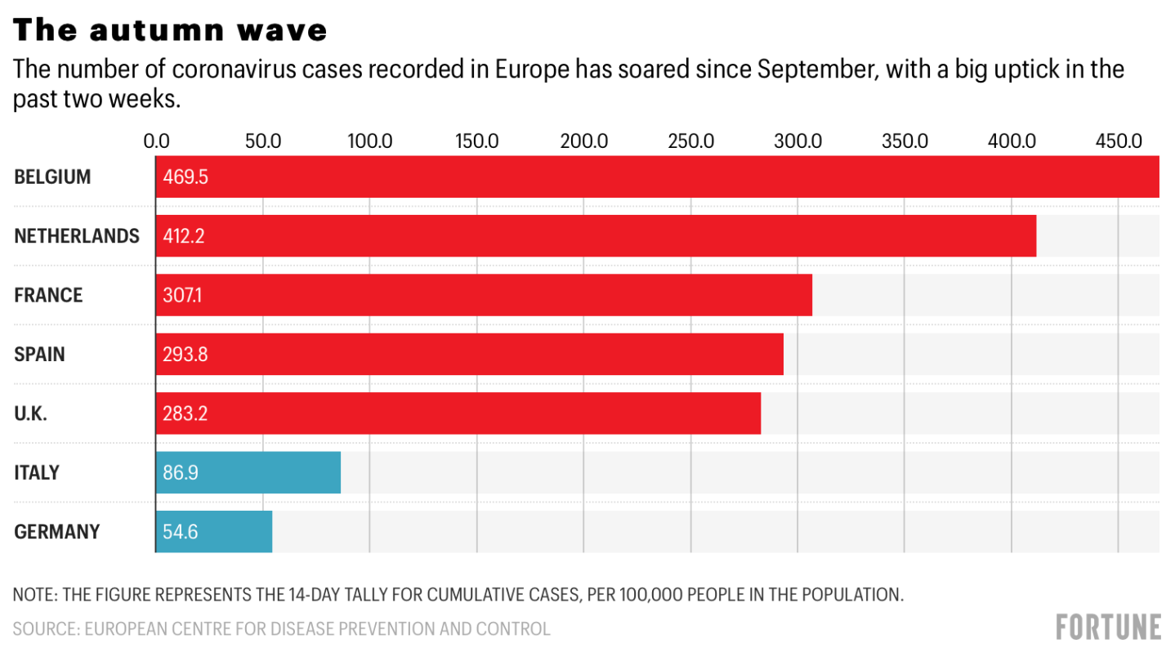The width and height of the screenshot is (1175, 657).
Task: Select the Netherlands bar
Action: [596, 236]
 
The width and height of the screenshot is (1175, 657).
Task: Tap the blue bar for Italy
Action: [248, 472]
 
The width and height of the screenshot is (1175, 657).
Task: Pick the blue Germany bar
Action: [213, 531]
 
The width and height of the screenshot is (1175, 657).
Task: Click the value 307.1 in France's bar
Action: [182, 295]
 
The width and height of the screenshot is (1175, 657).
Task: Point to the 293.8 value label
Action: [185, 355]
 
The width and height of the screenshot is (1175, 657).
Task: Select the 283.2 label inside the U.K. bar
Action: [185, 413]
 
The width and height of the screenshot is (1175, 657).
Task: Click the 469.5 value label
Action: [185, 177]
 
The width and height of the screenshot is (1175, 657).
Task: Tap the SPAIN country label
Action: [39, 355]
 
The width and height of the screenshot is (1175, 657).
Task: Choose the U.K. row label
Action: [31, 413]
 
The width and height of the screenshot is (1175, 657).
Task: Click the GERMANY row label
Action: [57, 532]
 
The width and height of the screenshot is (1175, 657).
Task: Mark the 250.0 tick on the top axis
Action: [691, 141]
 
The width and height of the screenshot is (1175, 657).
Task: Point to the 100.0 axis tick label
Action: [369, 141]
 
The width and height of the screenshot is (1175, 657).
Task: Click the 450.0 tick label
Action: [1119, 141]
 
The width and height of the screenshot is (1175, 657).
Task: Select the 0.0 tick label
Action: [156, 141]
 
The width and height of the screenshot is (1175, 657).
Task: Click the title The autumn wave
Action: [171, 30]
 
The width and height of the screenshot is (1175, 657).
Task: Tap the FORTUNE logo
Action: [1108, 628]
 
